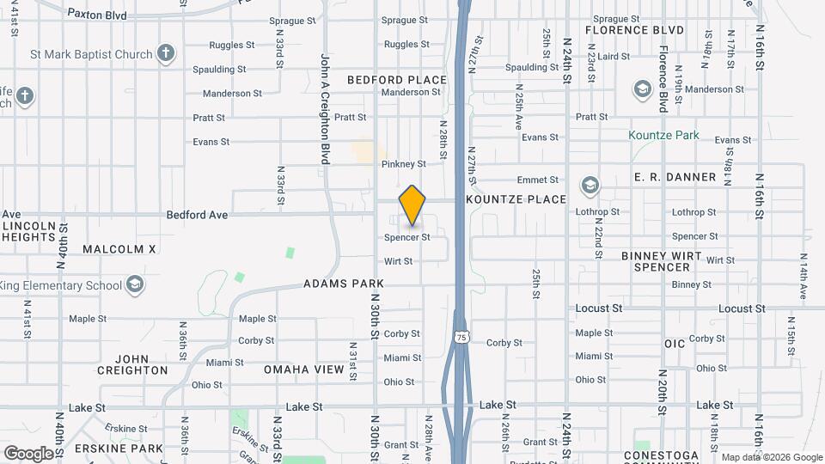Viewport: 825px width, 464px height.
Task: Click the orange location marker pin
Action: click(412, 205)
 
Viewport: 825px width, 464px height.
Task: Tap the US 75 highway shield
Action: click(462, 337)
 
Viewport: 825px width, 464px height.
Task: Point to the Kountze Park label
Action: click(663, 135)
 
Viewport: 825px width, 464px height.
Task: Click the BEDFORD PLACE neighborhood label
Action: click(397, 80)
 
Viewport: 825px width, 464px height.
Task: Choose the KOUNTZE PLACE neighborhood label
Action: click(516, 199)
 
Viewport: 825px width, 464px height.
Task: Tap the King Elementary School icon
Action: click(134, 284)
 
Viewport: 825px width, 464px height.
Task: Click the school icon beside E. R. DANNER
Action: click(590, 185)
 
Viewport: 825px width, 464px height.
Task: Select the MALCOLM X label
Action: click(119, 249)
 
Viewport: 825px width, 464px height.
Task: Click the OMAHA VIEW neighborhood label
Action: click(303, 369)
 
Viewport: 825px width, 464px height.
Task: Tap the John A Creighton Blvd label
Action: click(326, 109)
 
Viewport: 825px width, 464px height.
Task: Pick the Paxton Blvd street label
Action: click(96, 15)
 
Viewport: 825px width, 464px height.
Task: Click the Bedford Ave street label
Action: click(197, 215)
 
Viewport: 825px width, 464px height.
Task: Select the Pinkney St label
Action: click(404, 163)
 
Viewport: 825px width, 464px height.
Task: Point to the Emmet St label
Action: click(538, 180)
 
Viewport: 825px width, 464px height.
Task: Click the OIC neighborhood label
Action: click(675, 344)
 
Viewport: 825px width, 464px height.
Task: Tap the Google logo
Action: click(28, 453)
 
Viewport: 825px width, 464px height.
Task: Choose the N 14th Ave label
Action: click(804, 276)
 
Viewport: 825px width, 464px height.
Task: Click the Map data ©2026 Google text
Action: click(773, 457)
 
